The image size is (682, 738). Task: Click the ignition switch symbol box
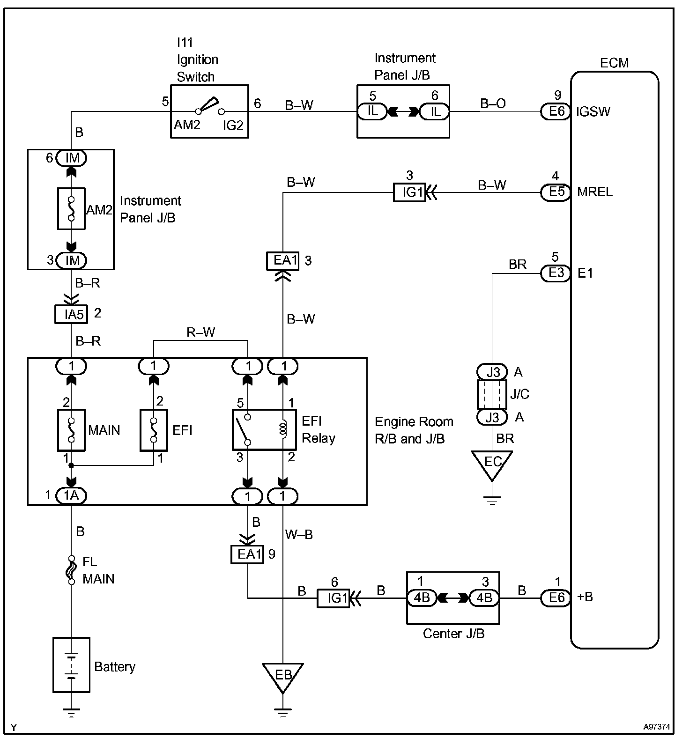tap(209, 111)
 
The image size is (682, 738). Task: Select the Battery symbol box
tap(71, 664)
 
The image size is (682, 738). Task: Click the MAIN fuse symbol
tap(71, 430)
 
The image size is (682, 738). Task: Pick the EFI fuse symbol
tap(154, 430)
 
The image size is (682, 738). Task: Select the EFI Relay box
tap(265, 429)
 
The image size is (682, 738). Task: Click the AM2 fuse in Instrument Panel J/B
tap(71, 209)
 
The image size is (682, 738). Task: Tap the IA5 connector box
tap(71, 314)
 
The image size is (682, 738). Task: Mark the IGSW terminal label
tap(593, 111)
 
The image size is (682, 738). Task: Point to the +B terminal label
tap(585, 597)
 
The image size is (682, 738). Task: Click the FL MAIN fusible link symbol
tap(71, 570)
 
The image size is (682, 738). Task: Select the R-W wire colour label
tap(200, 332)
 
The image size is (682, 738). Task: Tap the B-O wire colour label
tap(493, 104)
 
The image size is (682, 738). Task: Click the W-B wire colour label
tap(299, 534)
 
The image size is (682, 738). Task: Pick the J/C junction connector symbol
tap(492, 394)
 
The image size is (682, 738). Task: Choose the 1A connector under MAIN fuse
tap(71, 495)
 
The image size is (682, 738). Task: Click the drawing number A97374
tap(656, 727)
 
